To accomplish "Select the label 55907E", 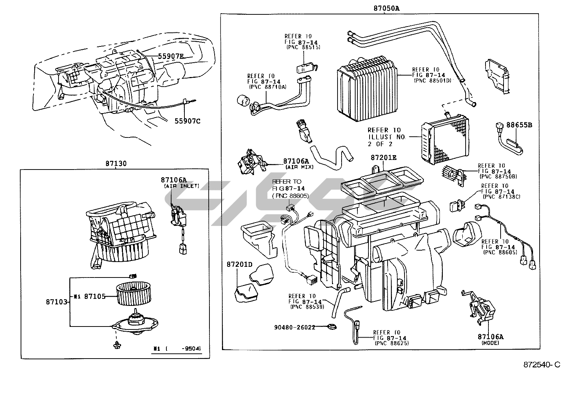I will pyautogui.click(x=170, y=56).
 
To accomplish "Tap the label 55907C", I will pyautogui.click(x=188, y=121).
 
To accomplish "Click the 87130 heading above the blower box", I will pyautogui.click(x=116, y=164).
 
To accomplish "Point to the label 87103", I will pyautogui.click(x=57, y=302).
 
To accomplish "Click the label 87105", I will pyautogui.click(x=95, y=296).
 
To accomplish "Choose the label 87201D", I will pyautogui.click(x=239, y=264).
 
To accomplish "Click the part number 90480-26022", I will pyautogui.click(x=294, y=327).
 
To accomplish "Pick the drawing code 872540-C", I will pyautogui.click(x=542, y=364).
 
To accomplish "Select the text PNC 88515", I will pyautogui.click(x=303, y=48).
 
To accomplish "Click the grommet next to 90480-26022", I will pyautogui.click(x=333, y=327).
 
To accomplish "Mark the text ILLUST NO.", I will pyautogui.click(x=386, y=137).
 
